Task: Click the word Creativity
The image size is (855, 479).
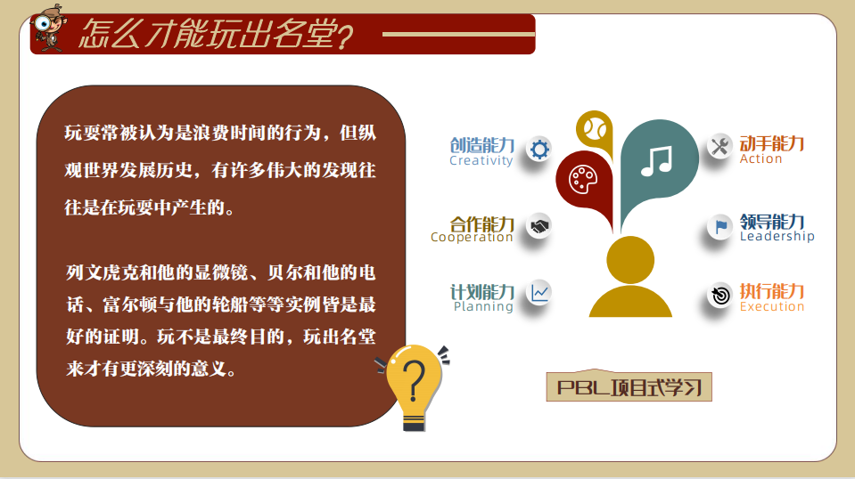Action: click(481, 160)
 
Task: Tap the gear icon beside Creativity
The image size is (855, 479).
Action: click(539, 149)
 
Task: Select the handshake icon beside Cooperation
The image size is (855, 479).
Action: click(539, 226)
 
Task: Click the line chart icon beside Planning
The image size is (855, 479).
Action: click(539, 293)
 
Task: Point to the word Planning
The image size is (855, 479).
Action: click(483, 306)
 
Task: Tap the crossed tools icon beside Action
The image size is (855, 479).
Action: click(719, 146)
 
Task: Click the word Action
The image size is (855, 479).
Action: click(760, 159)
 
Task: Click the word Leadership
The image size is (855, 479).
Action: click(777, 236)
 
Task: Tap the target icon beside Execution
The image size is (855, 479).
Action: click(720, 296)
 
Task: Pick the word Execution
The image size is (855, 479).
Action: click(771, 306)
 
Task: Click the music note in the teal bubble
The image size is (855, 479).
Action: click(656, 161)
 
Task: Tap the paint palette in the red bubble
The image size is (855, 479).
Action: click(583, 179)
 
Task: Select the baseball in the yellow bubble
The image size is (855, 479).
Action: click(595, 129)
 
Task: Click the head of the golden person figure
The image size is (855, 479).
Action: click(630, 260)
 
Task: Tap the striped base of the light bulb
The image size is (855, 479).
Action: click(414, 422)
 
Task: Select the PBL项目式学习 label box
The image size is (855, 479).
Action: click(629, 386)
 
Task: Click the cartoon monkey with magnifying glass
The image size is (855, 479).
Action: click(49, 28)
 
